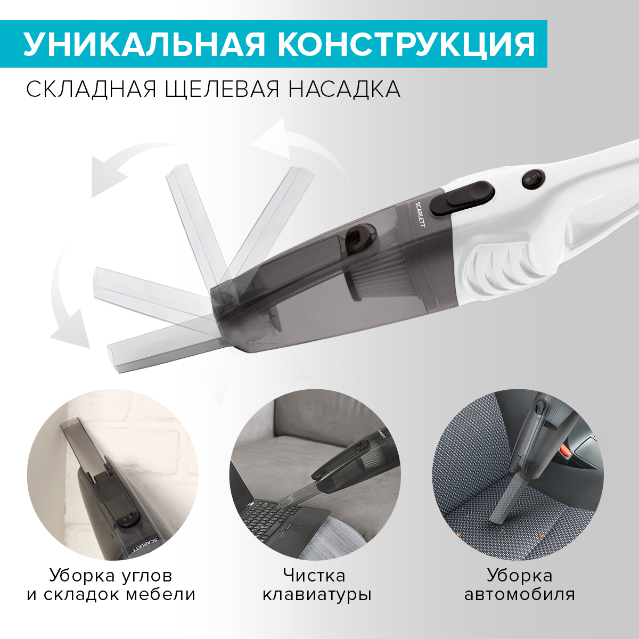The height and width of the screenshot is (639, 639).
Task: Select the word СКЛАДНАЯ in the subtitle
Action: coord(91,89)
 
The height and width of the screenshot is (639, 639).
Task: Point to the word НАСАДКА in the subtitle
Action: coord(344,89)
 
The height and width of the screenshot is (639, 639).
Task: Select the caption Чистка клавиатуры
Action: coord(316,584)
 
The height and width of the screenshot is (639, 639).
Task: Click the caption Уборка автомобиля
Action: coord(519,584)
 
